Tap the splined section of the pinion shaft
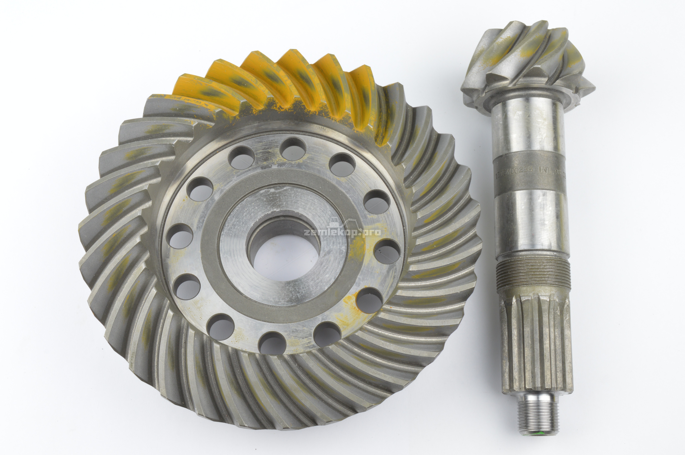click(x=536, y=342)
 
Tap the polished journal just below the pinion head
click(x=528, y=128)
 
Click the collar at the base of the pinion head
click(x=526, y=97)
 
